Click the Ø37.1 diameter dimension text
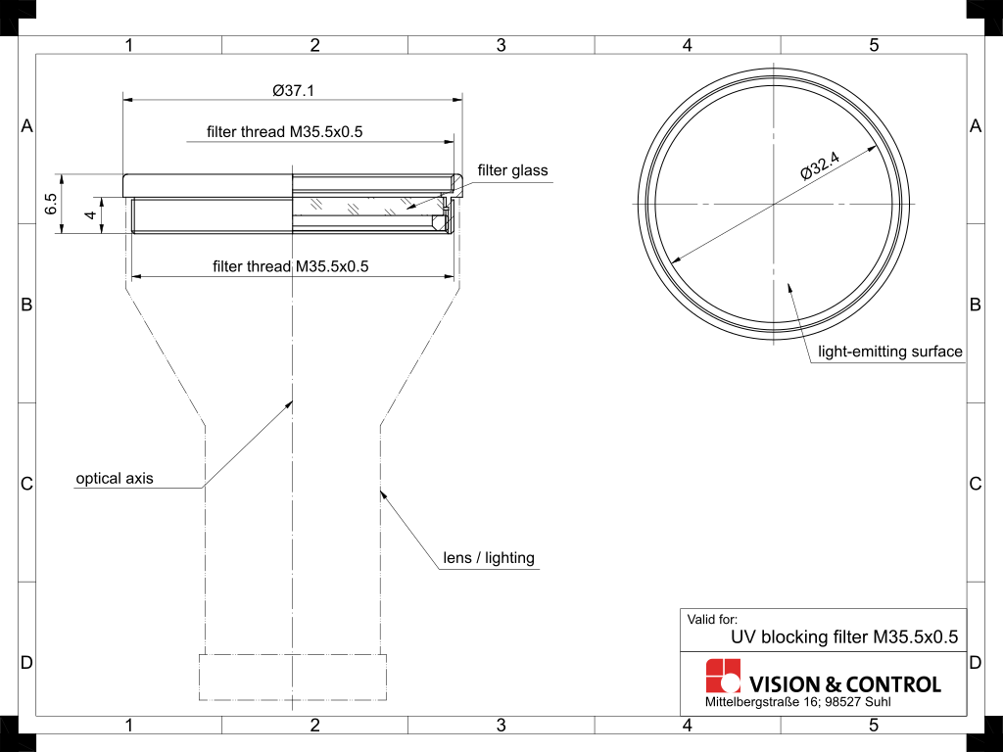point(293,90)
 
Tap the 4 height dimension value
point(89,215)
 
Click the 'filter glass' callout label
point(512,170)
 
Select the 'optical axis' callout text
point(115,479)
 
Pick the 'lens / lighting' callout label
point(489,558)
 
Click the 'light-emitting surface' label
point(890,352)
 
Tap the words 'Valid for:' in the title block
point(712,619)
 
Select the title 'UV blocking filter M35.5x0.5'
point(843,636)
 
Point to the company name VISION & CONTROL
point(844,684)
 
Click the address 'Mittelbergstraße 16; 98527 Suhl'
point(798,703)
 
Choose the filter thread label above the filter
point(285,132)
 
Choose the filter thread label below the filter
point(291,266)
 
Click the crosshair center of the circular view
point(774,204)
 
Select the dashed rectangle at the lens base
point(293,677)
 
